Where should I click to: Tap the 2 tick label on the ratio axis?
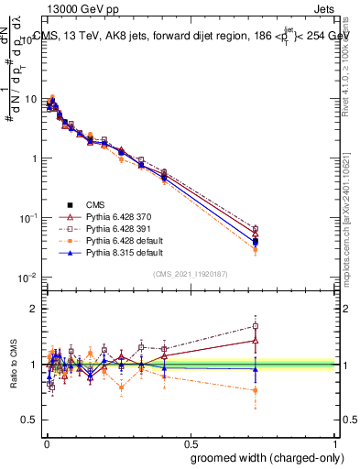click(x=35, y=309)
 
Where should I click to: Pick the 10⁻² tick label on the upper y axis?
click(x=27, y=278)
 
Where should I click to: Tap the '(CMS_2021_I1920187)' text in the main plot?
click(x=190, y=274)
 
